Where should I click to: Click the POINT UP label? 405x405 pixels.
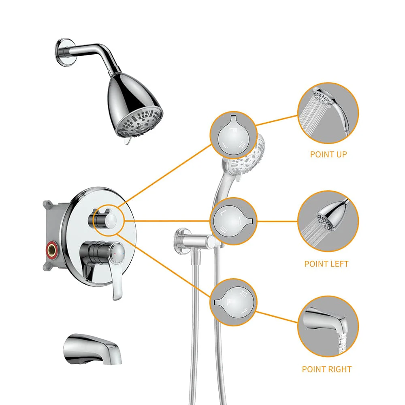pos(328,154)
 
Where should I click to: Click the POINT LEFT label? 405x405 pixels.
pos(326,264)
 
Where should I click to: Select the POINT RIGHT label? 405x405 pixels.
pos(326,369)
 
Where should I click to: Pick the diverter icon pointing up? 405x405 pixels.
pos(233,135)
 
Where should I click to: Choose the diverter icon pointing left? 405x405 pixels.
pos(233,221)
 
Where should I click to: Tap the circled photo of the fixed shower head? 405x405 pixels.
pos(328,221)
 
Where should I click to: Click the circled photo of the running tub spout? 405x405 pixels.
pos(328,326)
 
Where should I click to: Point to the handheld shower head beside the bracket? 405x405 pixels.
pos(243,158)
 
